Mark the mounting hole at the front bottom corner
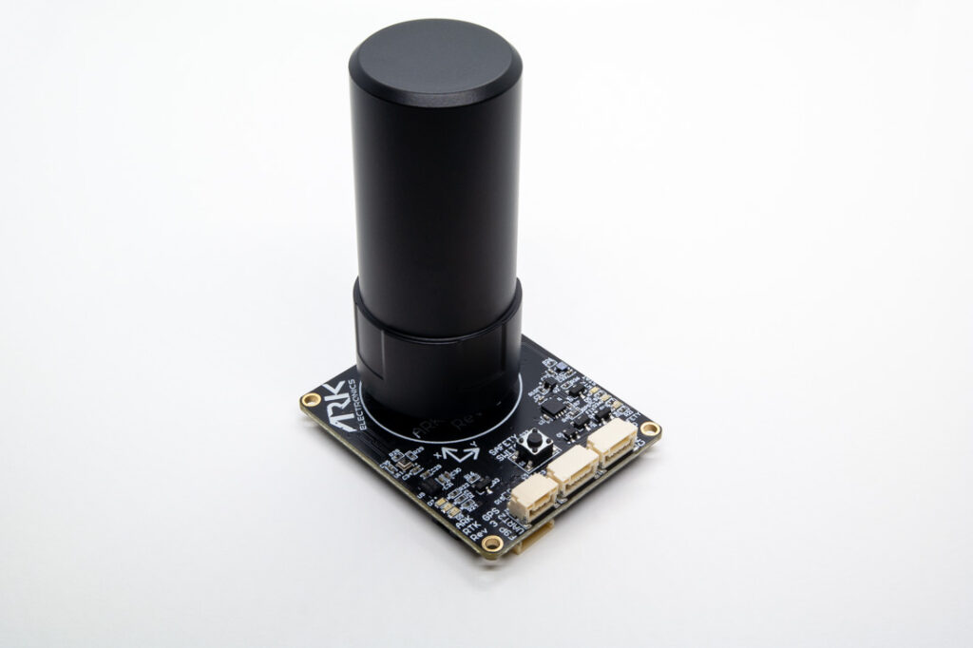(491, 543)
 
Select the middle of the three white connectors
(573, 467)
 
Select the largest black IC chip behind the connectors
(551, 404)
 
